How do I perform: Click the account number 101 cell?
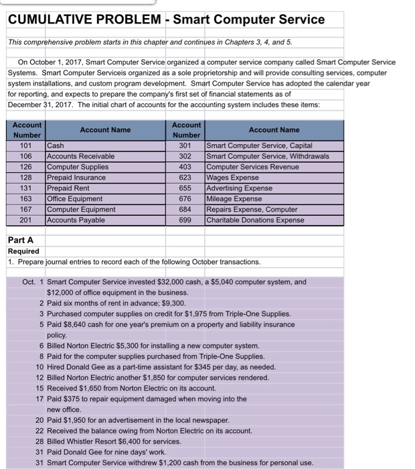coord(26,145)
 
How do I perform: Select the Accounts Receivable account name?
coord(80,156)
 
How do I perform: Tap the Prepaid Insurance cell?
coord(76,178)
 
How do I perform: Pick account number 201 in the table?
coord(26,220)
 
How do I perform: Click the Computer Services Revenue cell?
coord(253,167)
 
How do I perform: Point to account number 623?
coord(186,178)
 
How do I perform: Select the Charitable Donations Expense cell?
coord(256,220)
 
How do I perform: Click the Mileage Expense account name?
coord(234,199)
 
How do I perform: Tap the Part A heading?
coord(21,240)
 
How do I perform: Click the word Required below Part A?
coord(24,251)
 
